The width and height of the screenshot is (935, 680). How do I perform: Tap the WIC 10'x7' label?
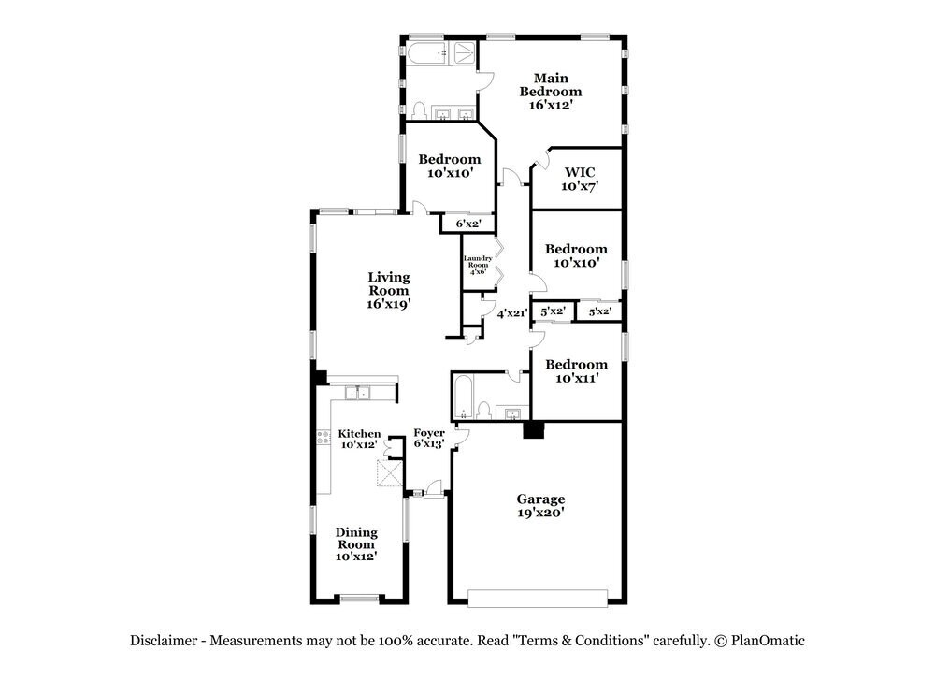(580, 179)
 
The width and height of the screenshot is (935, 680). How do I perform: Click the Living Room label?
(388, 289)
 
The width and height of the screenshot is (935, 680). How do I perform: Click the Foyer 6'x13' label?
(429, 438)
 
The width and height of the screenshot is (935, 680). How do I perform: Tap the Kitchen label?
(359, 434)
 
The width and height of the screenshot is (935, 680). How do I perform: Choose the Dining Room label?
(356, 544)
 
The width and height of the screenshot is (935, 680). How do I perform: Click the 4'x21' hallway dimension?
(511, 314)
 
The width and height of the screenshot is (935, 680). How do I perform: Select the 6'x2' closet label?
(467, 224)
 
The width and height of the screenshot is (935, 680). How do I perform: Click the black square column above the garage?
(533, 430)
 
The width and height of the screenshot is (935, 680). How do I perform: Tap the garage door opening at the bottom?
(543, 598)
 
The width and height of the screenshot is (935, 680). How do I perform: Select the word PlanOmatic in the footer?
(768, 641)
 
